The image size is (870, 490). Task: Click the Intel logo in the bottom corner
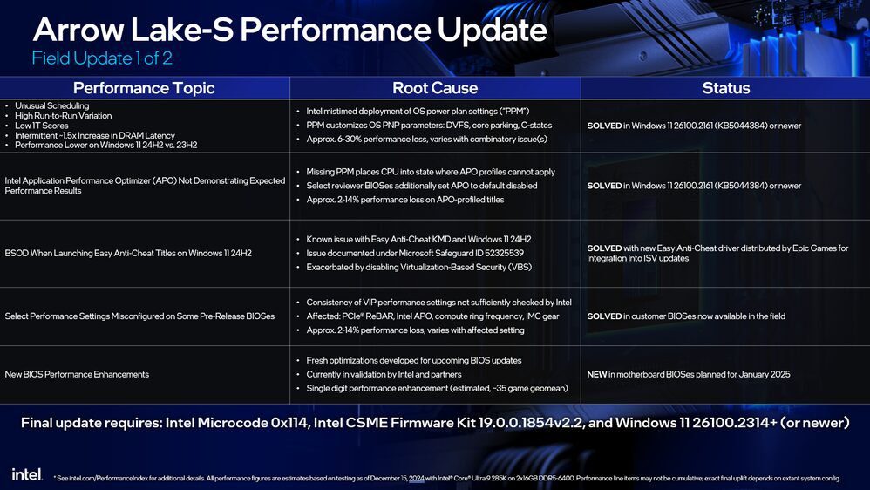[x=26, y=473]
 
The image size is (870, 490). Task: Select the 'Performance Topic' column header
[x=144, y=88]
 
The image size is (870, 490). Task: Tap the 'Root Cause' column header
[x=435, y=88]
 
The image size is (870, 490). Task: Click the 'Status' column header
[x=725, y=88]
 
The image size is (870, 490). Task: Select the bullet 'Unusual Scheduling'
[x=52, y=106]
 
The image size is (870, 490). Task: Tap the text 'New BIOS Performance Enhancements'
[x=77, y=374]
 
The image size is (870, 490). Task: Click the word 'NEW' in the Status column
[x=597, y=374]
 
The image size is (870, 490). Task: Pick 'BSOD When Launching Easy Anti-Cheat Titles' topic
[x=128, y=253]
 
